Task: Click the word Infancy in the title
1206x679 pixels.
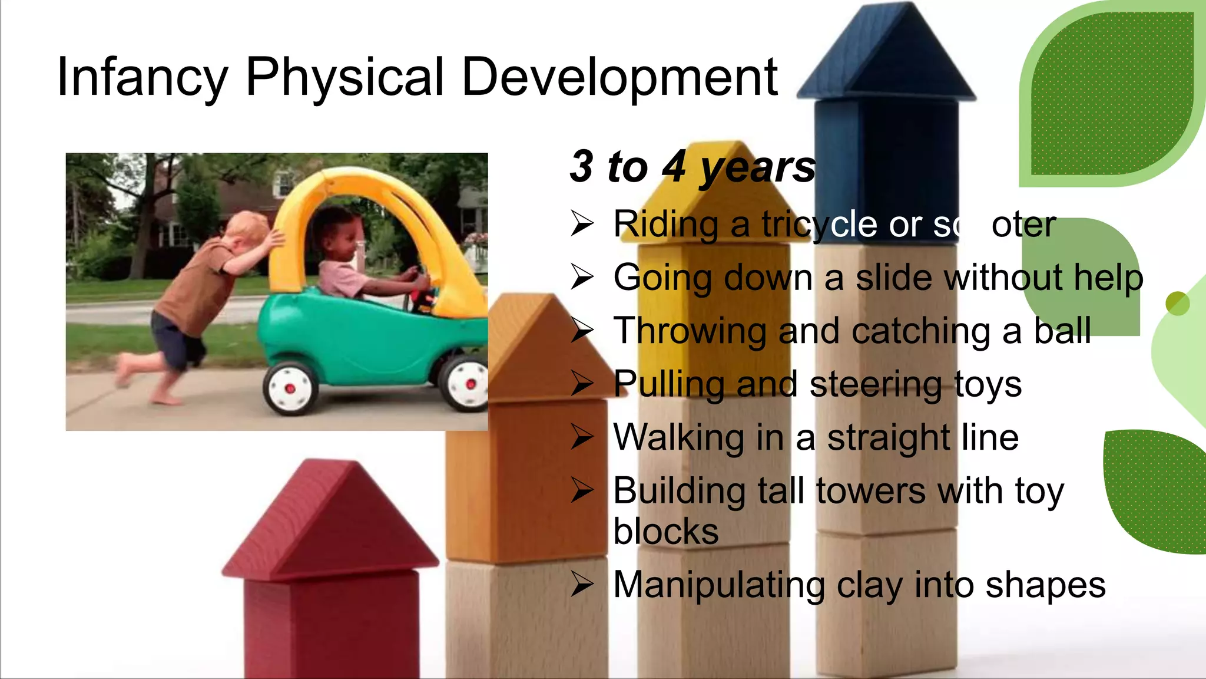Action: [142, 78]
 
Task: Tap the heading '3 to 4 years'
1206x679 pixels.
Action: [693, 167]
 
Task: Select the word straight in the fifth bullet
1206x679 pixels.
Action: [890, 438]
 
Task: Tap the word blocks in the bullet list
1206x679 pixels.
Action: [665, 532]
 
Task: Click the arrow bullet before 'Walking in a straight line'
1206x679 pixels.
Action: [582, 437]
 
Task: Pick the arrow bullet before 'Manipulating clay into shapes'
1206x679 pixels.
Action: [582, 585]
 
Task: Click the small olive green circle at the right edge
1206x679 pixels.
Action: [1177, 304]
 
